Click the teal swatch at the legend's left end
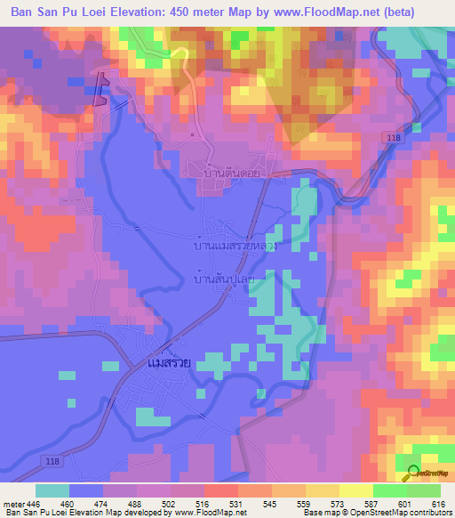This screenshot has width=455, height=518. click(x=52, y=490)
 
